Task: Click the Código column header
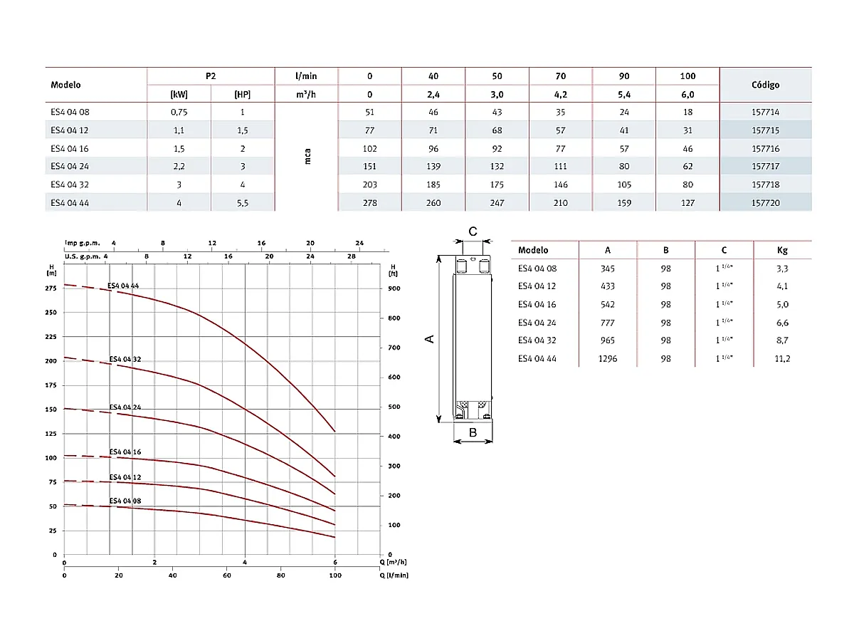tap(765, 85)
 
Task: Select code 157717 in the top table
tap(765, 166)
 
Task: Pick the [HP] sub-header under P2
tap(242, 94)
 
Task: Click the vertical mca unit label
tap(307, 157)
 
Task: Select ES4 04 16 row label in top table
tap(70, 148)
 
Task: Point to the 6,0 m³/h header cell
tap(687, 94)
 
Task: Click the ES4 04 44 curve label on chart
tap(125, 286)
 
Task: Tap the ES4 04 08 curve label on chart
tap(125, 501)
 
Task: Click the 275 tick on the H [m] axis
tap(51, 288)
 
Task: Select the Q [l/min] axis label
tap(394, 574)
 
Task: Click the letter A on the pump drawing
tap(430, 339)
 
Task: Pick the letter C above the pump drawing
tap(473, 231)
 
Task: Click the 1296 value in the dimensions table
tap(607, 359)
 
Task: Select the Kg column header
tap(783, 250)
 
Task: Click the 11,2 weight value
tap(783, 359)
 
